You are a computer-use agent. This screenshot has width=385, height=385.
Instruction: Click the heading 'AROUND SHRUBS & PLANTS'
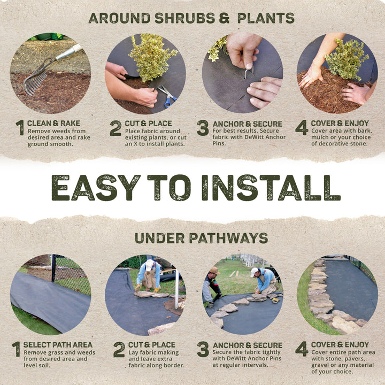click(x=191, y=18)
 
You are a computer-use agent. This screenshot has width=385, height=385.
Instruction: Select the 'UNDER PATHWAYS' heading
click(x=201, y=238)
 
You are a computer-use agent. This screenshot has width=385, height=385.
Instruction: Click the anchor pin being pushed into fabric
click(x=247, y=72)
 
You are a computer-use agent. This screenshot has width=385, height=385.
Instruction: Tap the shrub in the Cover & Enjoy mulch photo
click(x=346, y=59)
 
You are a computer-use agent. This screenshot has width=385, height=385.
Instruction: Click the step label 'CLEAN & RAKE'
click(x=53, y=123)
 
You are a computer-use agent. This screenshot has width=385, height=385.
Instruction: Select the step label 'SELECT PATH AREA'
click(x=58, y=345)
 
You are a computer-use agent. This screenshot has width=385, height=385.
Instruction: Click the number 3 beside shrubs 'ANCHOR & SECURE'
click(x=202, y=128)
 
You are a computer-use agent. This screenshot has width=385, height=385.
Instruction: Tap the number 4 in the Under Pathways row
click(x=301, y=350)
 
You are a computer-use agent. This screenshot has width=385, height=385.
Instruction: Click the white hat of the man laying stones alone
click(x=150, y=264)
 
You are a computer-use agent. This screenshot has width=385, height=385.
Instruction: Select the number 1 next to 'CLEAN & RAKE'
click(x=20, y=128)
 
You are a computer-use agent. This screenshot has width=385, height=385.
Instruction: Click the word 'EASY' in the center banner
click(x=95, y=188)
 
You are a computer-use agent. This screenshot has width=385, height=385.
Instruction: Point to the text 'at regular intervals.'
click(x=240, y=365)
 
